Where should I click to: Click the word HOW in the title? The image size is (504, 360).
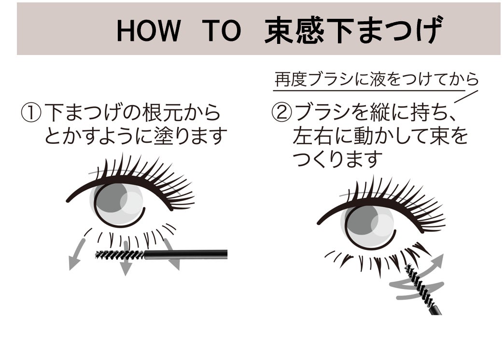(149, 31)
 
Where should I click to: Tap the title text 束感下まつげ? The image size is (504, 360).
(353, 30)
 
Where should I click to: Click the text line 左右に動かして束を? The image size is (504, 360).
(380, 137)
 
